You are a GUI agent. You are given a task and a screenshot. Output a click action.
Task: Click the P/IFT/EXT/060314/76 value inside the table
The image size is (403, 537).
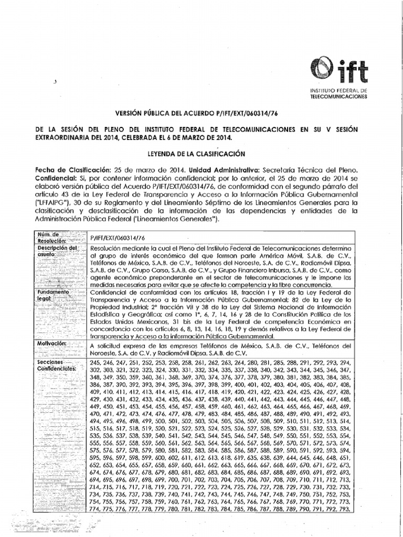pos(118,237)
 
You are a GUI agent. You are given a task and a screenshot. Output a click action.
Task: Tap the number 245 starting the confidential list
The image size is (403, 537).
pos(97,363)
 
